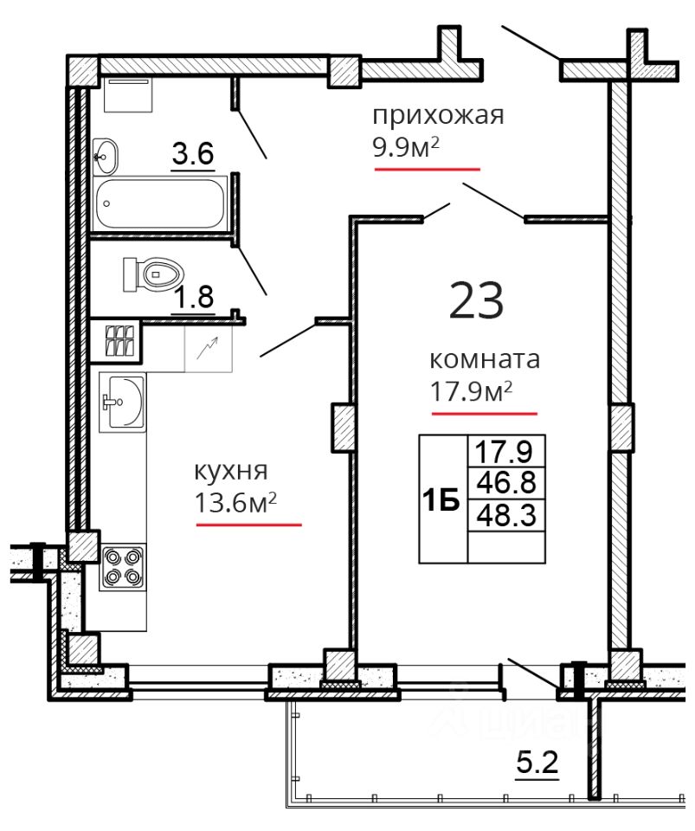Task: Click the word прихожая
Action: (x=438, y=116)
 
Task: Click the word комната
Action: (x=484, y=360)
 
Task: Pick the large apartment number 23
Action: (x=476, y=300)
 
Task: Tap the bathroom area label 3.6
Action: (x=193, y=154)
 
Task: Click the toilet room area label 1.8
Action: (x=194, y=297)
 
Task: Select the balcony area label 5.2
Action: (x=537, y=764)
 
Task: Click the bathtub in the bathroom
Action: (x=160, y=203)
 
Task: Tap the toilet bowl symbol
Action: (x=153, y=274)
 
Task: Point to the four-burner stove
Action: (x=123, y=566)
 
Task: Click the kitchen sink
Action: (x=122, y=402)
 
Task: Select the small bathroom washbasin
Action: (x=106, y=157)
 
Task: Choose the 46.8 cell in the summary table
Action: (x=506, y=482)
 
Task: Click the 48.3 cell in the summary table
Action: (x=506, y=514)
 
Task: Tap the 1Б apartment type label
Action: (x=441, y=499)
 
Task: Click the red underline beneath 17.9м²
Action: (x=484, y=414)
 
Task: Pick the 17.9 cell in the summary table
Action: (x=506, y=452)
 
